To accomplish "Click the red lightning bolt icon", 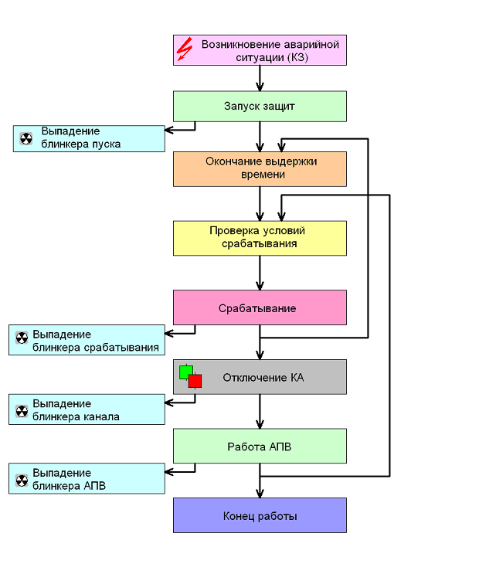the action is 185,49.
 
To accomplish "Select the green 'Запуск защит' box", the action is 260,106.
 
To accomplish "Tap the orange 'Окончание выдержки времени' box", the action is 260,169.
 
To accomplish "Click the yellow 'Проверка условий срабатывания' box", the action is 260,238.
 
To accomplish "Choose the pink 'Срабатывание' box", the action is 260,307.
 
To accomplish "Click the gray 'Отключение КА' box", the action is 260,377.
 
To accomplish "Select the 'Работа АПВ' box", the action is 260,446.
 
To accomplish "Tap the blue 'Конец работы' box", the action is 260,515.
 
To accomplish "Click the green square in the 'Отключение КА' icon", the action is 185,372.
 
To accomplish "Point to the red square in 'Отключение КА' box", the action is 195,381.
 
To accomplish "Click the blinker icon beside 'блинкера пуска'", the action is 26,139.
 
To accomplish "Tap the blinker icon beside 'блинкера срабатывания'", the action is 22,338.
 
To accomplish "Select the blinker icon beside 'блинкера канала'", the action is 22,411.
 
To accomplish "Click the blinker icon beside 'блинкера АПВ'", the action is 22,481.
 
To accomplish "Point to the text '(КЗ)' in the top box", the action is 297,57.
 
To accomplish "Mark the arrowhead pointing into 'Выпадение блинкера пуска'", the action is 168,130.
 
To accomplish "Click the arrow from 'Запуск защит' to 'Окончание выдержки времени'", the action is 260,137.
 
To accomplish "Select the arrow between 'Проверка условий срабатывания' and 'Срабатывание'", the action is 260,273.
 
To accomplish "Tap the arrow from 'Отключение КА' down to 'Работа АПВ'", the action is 260,412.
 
